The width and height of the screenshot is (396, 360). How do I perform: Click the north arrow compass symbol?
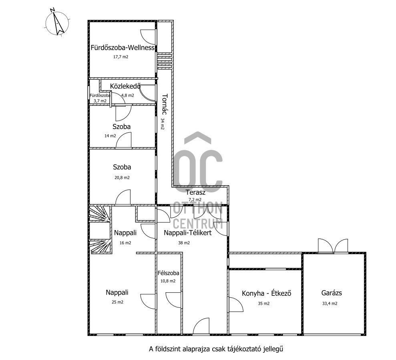coord(57,22)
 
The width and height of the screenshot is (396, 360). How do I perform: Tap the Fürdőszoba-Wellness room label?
coord(123,48)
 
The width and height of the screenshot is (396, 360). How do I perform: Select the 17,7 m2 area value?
coord(121,57)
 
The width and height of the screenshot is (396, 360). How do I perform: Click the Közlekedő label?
coord(125,86)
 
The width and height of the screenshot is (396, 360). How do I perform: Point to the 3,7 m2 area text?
coord(100,101)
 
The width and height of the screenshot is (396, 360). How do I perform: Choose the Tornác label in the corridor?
coord(165,104)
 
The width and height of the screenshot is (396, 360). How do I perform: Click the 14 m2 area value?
coord(110,136)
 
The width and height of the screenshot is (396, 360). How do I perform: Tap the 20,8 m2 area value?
coord(122,178)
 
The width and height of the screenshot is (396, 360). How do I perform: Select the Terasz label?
coord(195,192)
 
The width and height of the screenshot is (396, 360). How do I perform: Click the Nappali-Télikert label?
coord(188,233)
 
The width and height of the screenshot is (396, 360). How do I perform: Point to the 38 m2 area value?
coord(184,243)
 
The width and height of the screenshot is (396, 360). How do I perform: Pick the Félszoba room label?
coord(168,273)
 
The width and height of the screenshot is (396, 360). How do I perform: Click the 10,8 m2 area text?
coord(168,281)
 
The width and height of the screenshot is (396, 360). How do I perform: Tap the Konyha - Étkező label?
coord(266,293)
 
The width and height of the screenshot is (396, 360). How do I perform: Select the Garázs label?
coord(332,293)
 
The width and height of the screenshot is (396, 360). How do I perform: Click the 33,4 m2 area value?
coord(330,303)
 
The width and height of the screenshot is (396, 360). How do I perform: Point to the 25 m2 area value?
coord(117,302)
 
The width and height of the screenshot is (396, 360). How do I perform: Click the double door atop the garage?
coord(333,246)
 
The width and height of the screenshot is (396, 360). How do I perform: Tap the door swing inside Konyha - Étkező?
coord(236,304)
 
